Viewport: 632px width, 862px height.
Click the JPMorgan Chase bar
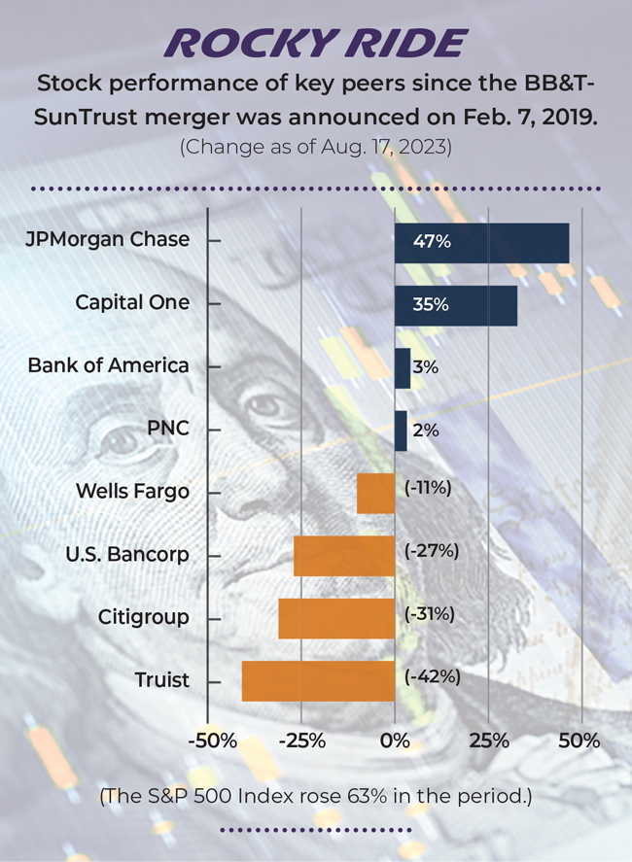point(481,243)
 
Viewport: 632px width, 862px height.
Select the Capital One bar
point(456,305)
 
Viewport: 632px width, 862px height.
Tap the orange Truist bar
point(318,680)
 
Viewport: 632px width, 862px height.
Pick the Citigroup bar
point(336,618)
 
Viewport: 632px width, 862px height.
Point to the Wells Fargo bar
point(375,493)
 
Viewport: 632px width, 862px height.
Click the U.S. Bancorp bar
point(344,555)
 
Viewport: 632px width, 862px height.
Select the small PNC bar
point(401,431)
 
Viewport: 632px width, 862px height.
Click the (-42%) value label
point(432,676)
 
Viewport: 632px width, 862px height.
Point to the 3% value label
point(426,367)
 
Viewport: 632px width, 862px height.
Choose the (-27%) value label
point(432,551)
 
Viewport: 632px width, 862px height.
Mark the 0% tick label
point(395,741)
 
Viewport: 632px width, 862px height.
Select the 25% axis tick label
point(489,741)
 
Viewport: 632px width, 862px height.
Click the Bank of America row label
point(108,365)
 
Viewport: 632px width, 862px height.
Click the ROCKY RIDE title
point(316,44)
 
